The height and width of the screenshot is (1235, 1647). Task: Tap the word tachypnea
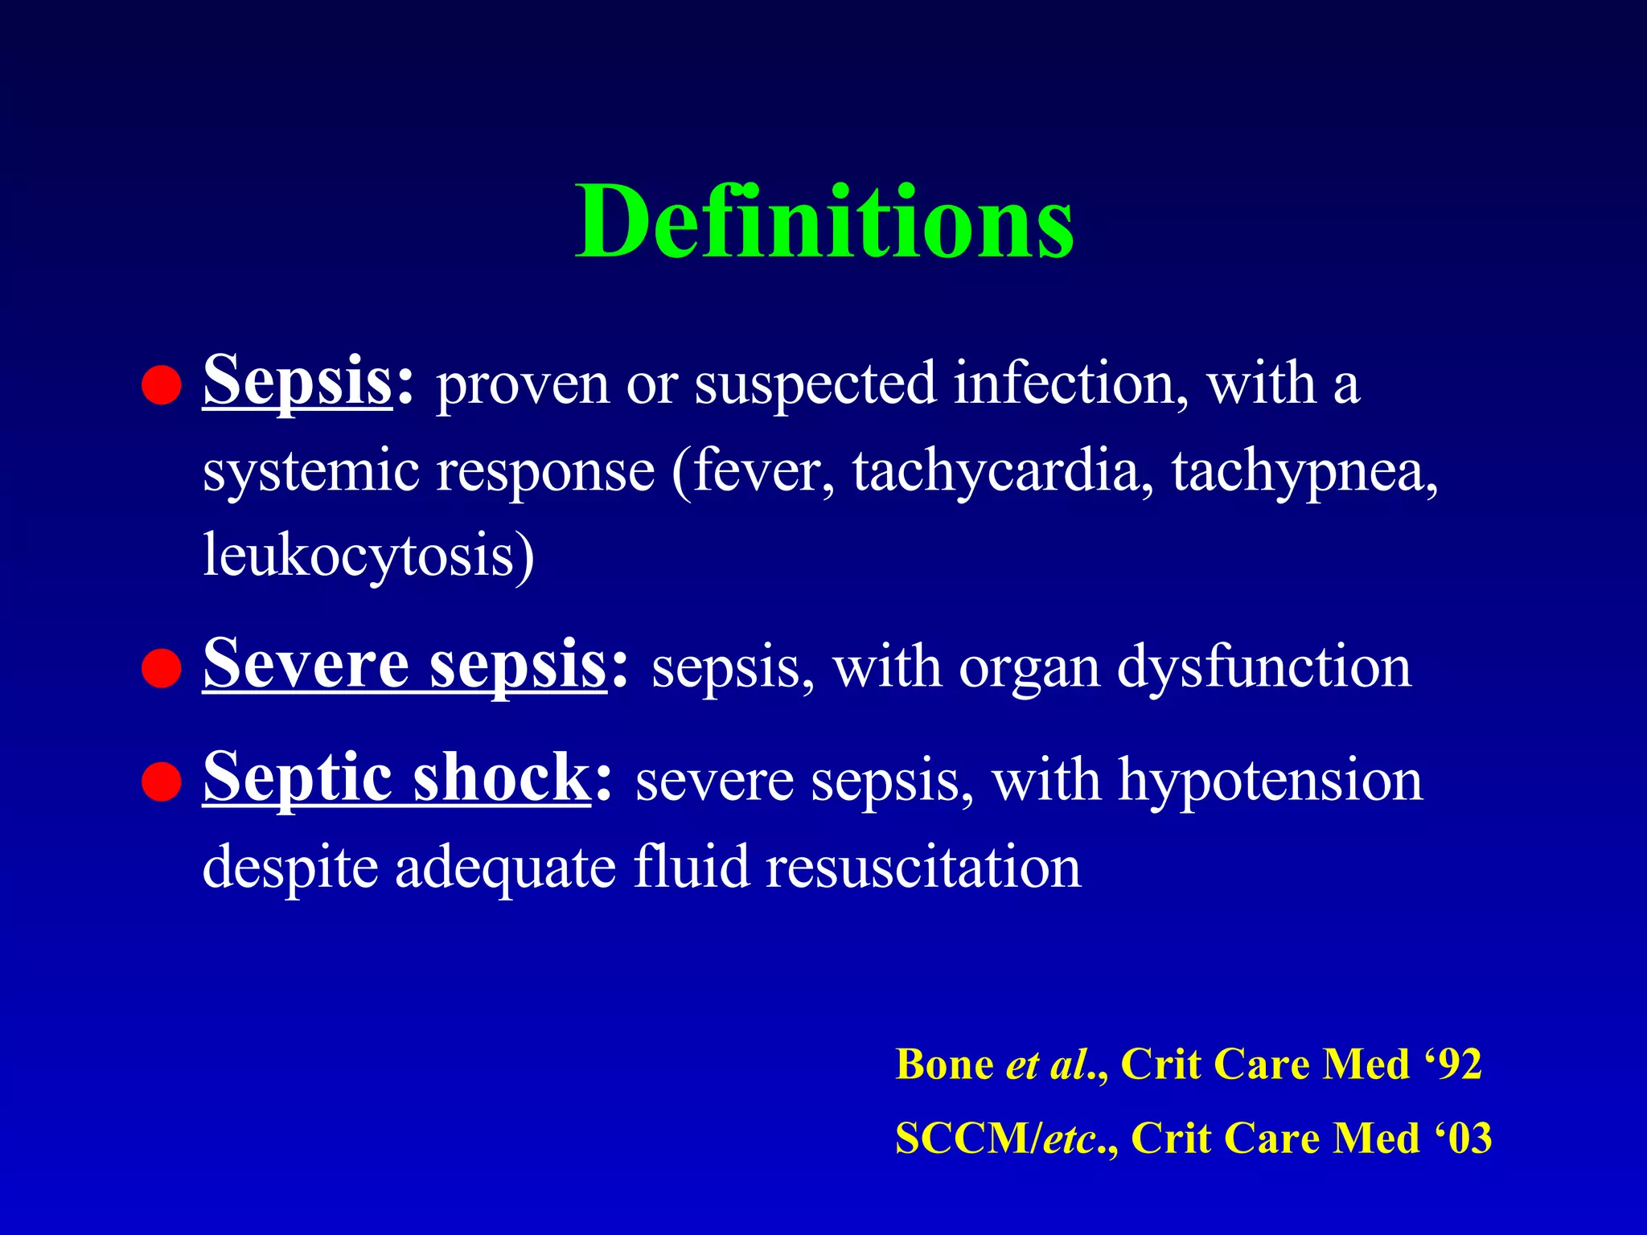(1303, 471)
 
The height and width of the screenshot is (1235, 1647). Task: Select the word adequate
(505, 868)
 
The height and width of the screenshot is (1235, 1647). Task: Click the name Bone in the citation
(944, 1065)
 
